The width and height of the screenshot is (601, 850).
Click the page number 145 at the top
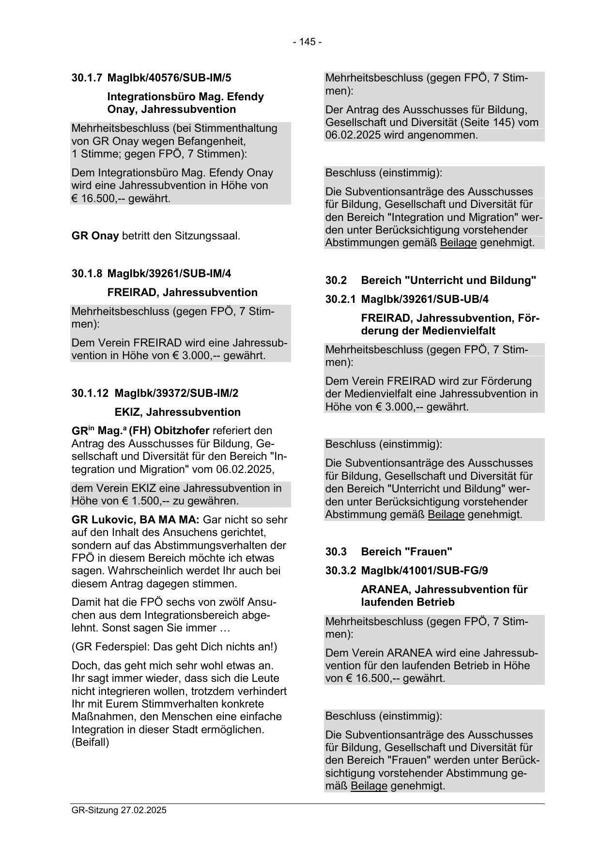point(307,42)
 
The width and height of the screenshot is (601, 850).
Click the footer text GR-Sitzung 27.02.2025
point(119,810)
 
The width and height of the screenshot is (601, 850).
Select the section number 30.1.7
point(87,78)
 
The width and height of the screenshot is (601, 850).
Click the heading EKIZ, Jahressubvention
point(177,412)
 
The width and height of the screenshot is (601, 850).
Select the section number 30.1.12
point(90,393)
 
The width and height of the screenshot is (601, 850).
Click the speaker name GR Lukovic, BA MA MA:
point(135,520)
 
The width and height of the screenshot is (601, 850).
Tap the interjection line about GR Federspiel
point(174,646)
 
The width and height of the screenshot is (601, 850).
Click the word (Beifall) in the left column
point(91,742)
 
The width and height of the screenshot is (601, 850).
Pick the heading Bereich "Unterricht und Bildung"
point(448,281)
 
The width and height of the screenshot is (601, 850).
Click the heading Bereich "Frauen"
point(406,551)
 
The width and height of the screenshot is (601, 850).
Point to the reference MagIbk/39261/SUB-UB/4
point(425,299)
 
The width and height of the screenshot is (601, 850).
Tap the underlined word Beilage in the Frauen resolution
point(369,786)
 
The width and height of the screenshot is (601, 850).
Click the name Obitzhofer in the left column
point(181,431)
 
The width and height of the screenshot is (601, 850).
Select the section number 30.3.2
point(340,570)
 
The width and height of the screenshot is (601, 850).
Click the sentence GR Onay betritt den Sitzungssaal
point(155,236)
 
